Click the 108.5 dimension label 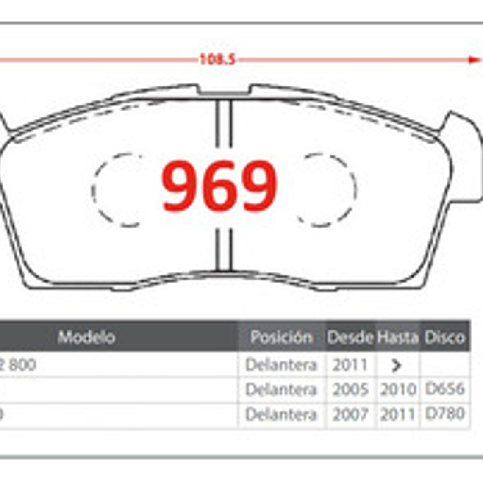coord(217,59)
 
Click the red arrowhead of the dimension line coord(475,60)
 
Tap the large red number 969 coord(219,186)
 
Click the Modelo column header coord(86,337)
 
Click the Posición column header coord(281,337)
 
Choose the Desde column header coord(350,337)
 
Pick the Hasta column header coord(397,337)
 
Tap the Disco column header coord(445,337)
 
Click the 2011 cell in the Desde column coord(350,365)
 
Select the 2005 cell coord(350,389)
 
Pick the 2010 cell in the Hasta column coord(398,389)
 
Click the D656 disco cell coord(445,389)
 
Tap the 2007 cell coord(350,414)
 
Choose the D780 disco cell coord(445,414)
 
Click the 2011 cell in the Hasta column coord(398,414)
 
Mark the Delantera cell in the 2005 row coord(281,389)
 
